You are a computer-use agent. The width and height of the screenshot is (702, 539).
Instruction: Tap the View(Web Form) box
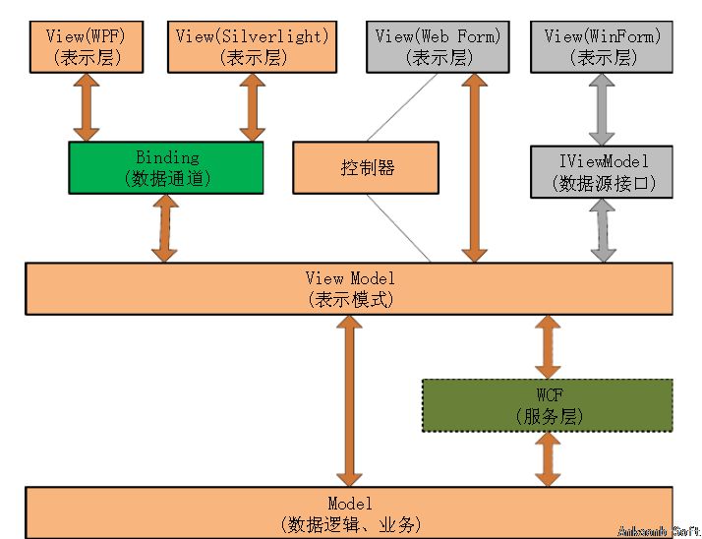438,46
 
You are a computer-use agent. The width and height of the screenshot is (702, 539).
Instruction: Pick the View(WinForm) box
602,46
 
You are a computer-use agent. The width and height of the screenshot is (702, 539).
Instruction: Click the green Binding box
165,168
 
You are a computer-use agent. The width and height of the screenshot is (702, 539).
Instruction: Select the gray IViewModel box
602,170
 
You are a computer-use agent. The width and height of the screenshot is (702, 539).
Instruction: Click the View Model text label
350,279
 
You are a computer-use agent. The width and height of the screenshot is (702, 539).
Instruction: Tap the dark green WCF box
548,405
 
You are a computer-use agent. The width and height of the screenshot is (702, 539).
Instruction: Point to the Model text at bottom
350,505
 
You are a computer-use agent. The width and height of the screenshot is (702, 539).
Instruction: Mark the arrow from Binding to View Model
165,228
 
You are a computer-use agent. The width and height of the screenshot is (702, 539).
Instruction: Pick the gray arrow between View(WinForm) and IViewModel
602,109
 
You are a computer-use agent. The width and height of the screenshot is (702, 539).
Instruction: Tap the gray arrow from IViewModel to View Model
602,228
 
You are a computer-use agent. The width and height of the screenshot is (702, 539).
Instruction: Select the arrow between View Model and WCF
548,346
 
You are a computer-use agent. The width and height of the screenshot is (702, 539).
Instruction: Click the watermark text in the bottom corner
658,530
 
